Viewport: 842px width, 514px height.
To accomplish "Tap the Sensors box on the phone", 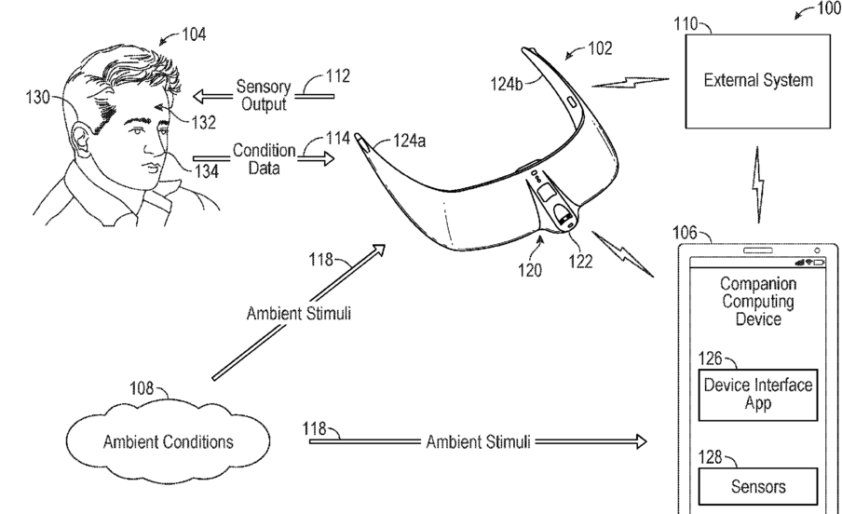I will (x=757, y=485).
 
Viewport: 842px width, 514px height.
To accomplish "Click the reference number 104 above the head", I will (x=193, y=34).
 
